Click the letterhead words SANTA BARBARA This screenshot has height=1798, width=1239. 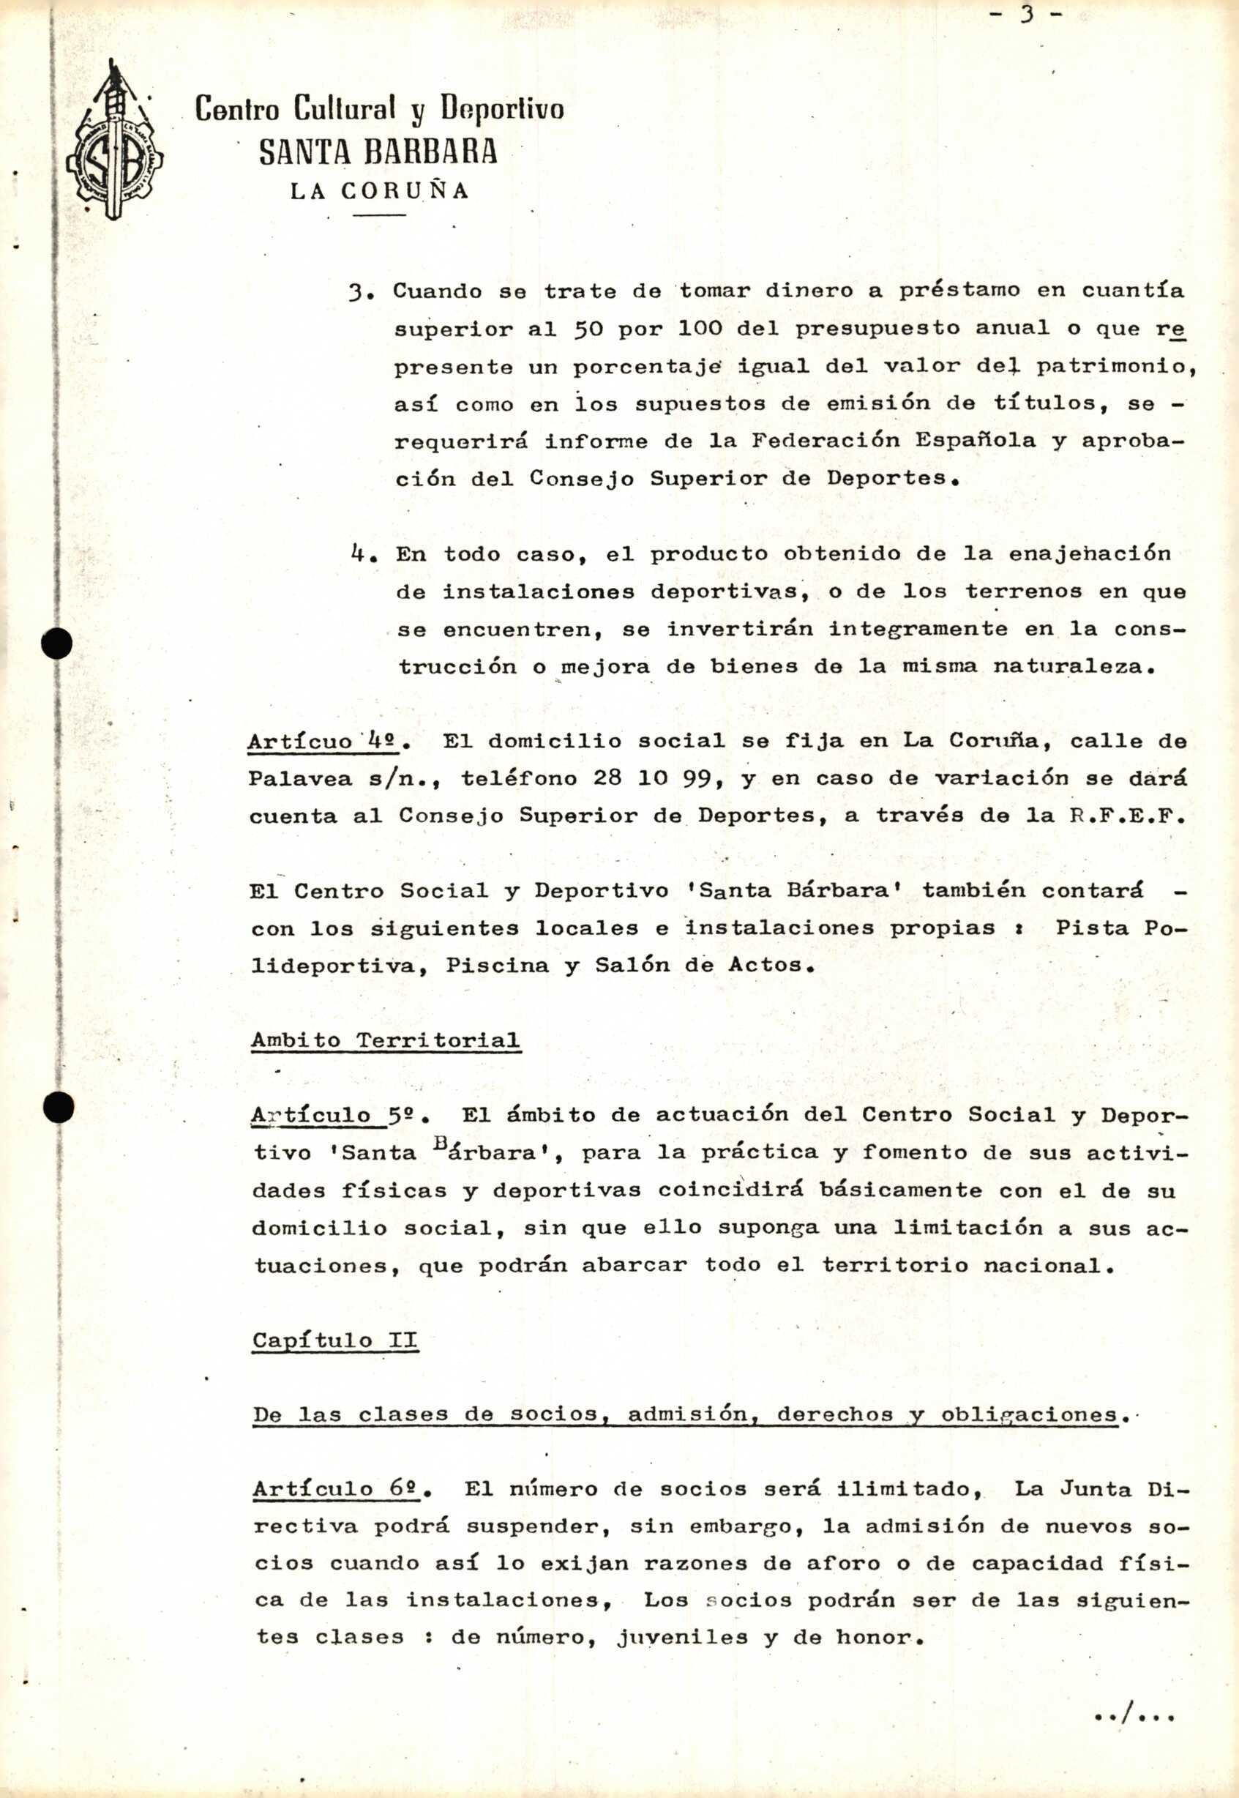coord(378,152)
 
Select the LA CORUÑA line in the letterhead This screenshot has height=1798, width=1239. coord(380,191)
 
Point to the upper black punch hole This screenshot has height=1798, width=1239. coord(57,644)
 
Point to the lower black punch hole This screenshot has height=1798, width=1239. coord(59,1106)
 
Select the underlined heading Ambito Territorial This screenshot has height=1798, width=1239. coord(385,1040)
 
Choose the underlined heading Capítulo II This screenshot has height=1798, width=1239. coord(334,1340)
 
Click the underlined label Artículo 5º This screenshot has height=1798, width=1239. coord(336,1116)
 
